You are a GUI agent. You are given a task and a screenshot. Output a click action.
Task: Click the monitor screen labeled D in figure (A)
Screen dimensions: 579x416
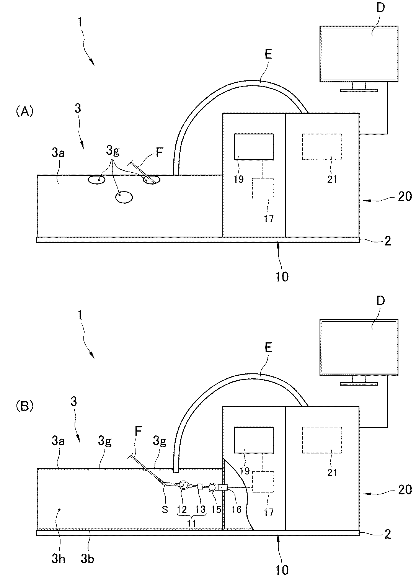tap(352, 54)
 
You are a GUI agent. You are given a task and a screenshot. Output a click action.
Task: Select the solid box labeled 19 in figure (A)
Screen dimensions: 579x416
tap(254, 147)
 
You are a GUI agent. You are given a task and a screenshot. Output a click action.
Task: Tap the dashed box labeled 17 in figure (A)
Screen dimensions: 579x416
tap(263, 188)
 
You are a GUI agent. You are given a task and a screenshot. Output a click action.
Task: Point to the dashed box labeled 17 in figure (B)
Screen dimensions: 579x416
tap(263, 482)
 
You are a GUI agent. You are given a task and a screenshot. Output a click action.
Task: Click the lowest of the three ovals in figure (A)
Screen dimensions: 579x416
tap(124, 197)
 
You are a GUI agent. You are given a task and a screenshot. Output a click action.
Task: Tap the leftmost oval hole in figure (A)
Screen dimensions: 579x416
tap(97, 179)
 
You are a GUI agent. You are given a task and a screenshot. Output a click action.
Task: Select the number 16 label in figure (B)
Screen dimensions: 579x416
tap(237, 510)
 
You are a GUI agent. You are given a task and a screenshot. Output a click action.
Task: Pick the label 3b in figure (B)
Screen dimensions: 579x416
tap(87, 559)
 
